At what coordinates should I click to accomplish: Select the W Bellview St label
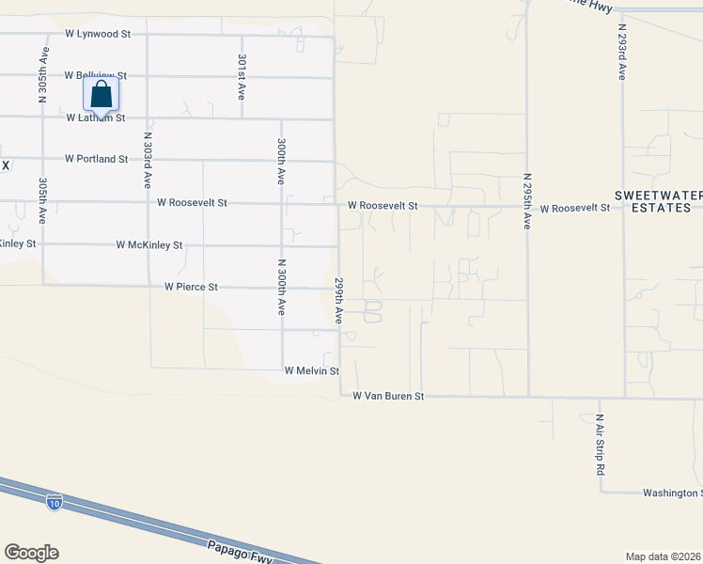tap(95, 75)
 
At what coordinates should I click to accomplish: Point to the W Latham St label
tap(95, 118)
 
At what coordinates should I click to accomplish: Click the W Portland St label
tap(96, 160)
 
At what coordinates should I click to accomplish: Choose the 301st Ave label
tap(242, 77)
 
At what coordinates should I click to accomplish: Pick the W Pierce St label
tap(191, 287)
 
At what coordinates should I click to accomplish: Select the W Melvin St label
tap(311, 371)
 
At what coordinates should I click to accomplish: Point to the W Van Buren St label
tap(388, 397)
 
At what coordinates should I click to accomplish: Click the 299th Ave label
tap(339, 300)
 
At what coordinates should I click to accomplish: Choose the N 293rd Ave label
tap(621, 52)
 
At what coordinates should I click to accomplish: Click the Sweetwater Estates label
tap(658, 201)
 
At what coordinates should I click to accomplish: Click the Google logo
tap(31, 553)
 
